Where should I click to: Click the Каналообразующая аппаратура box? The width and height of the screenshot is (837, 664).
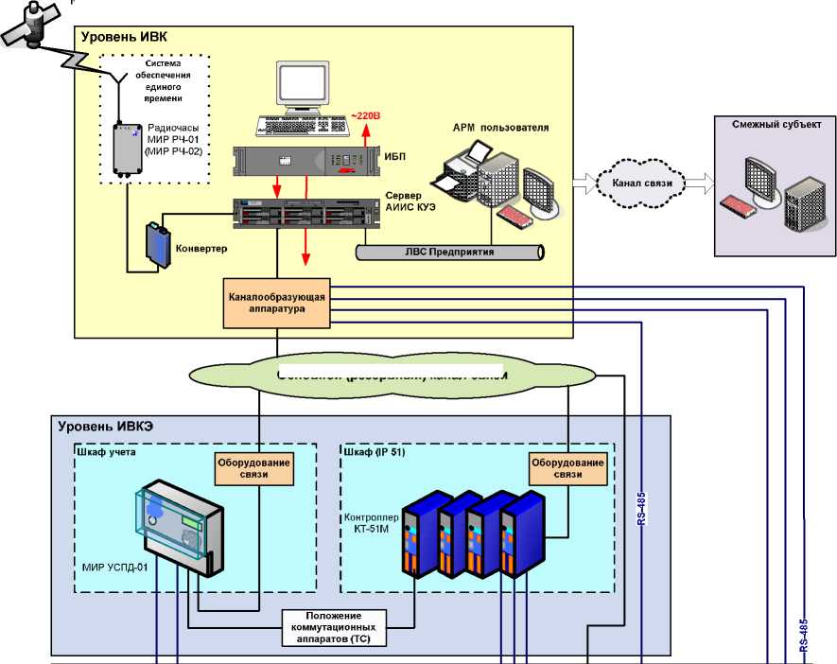277,303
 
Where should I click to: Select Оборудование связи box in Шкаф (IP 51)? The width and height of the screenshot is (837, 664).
567,468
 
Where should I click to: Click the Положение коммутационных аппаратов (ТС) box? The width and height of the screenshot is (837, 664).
335,627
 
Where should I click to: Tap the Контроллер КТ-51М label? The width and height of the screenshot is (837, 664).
369,525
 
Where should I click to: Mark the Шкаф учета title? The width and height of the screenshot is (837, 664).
107,452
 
